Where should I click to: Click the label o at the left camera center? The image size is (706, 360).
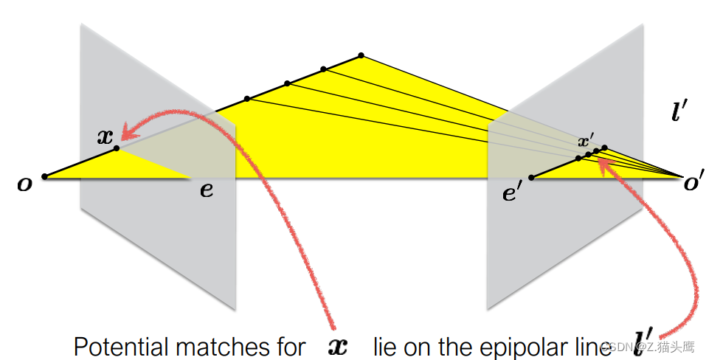pos(25,184)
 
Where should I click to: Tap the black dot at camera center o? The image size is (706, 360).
pos(45,176)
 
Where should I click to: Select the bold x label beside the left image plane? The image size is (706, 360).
pos(105,136)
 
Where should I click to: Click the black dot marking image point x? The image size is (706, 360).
pos(117,149)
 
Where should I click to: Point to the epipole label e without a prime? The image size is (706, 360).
pos(207,190)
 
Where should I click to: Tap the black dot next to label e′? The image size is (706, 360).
pos(531,177)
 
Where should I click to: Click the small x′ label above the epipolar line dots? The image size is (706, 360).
pos(586,141)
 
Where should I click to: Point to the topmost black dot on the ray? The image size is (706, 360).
pos(361,55)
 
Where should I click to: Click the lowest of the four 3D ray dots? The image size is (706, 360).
pos(246,98)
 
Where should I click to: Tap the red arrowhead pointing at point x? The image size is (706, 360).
pos(129,134)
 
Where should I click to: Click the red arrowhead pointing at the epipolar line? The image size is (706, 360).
pos(606,165)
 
